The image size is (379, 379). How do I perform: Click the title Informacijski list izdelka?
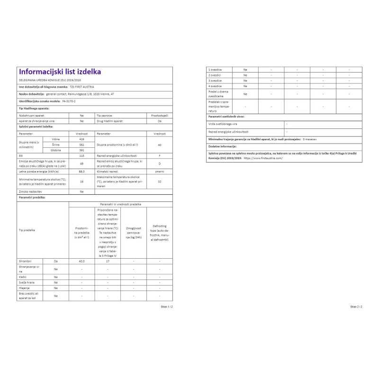[x=59, y=72]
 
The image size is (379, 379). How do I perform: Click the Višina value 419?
[x=81, y=139]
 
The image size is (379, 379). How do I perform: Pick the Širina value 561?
[x=81, y=144]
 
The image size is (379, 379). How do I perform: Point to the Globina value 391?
[x=81, y=150]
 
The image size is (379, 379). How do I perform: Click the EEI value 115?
[x=81, y=155]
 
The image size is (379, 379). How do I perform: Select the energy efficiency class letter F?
[x=160, y=155]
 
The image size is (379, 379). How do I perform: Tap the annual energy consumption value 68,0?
[x=81, y=171]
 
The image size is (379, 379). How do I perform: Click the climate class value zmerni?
[x=160, y=171]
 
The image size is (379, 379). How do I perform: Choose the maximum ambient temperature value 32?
[x=160, y=181]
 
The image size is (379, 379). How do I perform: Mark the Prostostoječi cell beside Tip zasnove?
[x=160, y=116]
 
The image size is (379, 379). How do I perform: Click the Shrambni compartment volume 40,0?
[x=81, y=261]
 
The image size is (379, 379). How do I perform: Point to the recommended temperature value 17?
[x=108, y=261]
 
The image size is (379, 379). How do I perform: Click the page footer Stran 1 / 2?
[x=167, y=307]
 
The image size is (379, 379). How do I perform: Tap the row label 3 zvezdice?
[x=215, y=81]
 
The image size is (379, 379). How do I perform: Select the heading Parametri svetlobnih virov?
[x=226, y=116]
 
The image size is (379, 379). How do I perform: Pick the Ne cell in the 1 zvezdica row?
[x=245, y=70]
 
